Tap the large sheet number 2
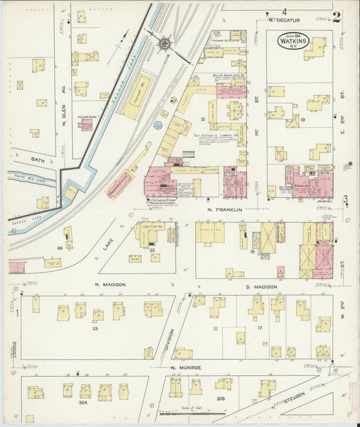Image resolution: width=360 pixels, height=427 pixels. (x=336, y=17)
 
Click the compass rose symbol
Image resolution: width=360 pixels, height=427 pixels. (x=164, y=44)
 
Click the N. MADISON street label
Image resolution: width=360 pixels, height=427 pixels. (x=110, y=285)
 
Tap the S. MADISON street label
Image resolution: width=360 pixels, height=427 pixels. (x=261, y=287)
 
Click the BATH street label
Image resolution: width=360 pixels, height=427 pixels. (x=36, y=160)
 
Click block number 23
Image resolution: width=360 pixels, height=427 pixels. (x=95, y=329)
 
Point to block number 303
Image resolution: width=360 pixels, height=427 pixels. (x=220, y=399)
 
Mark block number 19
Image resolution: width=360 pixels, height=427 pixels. (x=303, y=120)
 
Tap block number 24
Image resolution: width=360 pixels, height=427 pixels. (x=60, y=248)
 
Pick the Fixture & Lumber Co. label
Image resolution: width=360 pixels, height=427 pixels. (x=215, y=136)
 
